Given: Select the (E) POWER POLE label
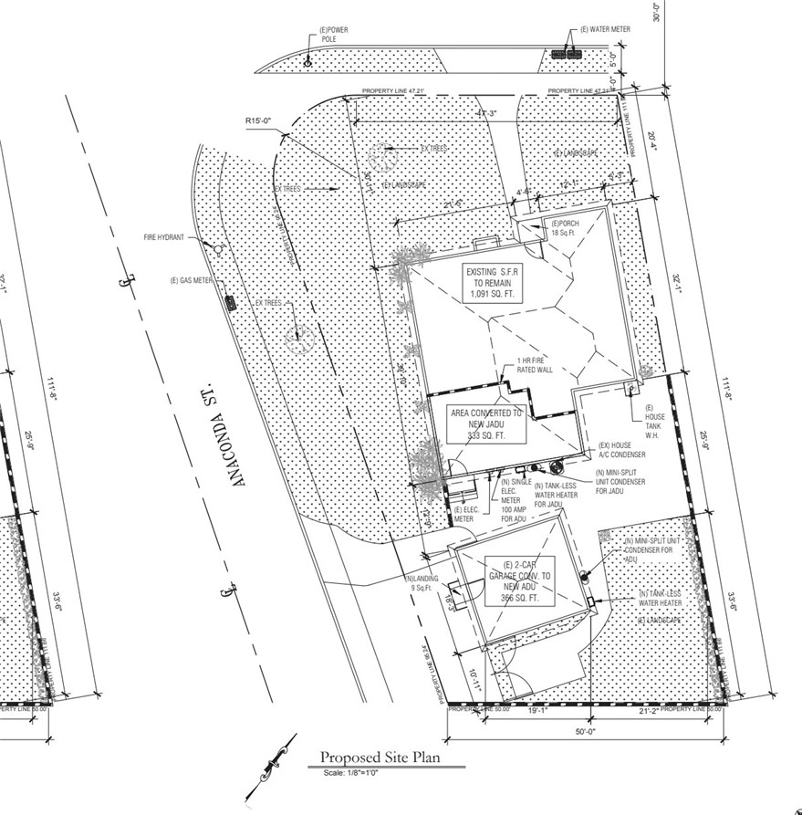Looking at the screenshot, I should [334, 35].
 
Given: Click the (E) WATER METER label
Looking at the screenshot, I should [606, 29].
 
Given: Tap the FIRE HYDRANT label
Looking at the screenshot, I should [163, 237].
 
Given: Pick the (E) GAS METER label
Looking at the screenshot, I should [191, 280].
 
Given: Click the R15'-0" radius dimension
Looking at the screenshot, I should [259, 120].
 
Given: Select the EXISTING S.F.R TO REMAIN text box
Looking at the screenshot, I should [495, 284].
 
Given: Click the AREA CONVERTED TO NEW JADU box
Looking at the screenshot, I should [486, 424].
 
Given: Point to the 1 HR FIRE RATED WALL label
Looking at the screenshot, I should [536, 364].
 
